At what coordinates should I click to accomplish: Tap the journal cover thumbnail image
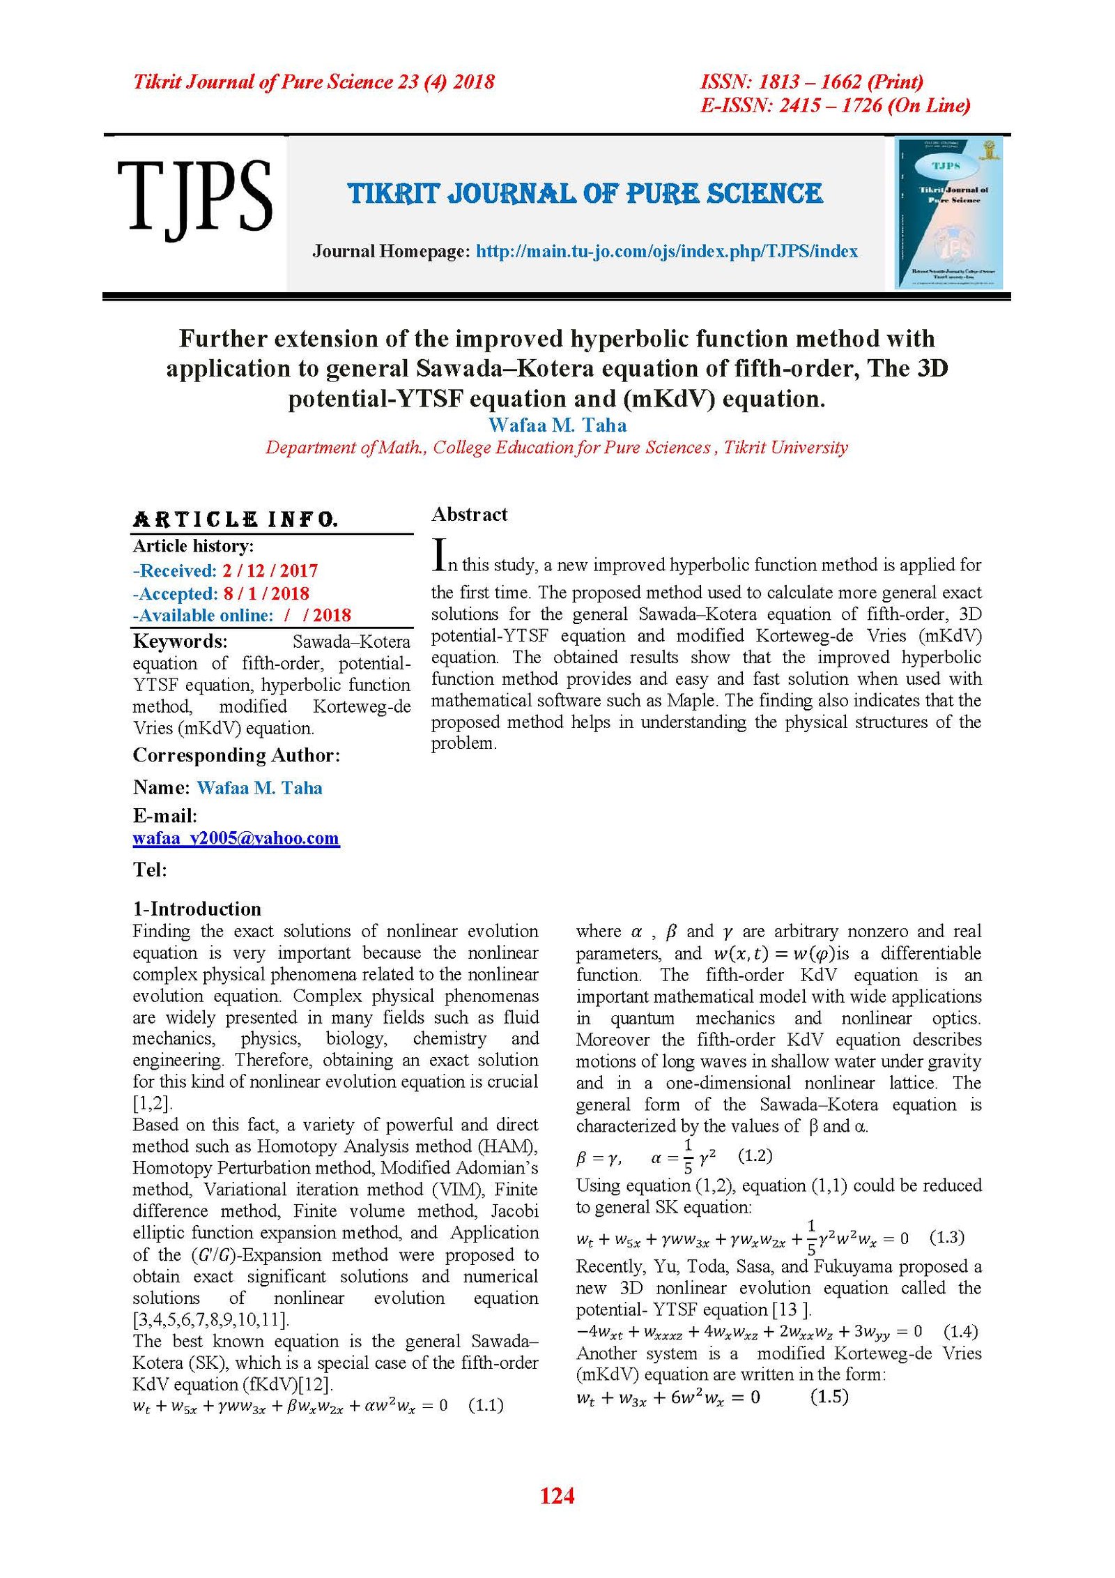pyautogui.click(x=948, y=213)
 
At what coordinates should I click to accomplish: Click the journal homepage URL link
pyautogui.click(x=666, y=251)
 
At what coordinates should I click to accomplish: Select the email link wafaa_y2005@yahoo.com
pyautogui.click(x=236, y=838)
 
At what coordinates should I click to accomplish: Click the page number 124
pyautogui.click(x=557, y=1496)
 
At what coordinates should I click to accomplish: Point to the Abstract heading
pyautogui.click(x=470, y=515)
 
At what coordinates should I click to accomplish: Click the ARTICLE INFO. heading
pyautogui.click(x=236, y=519)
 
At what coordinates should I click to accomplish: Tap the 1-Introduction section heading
pyautogui.click(x=197, y=909)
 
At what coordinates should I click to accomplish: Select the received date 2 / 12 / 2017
pyautogui.click(x=270, y=570)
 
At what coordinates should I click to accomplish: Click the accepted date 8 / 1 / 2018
pyautogui.click(x=266, y=593)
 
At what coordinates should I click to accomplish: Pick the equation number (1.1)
pyautogui.click(x=486, y=1404)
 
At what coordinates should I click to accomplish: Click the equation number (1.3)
pyautogui.click(x=947, y=1237)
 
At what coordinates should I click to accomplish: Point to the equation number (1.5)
pyautogui.click(x=829, y=1396)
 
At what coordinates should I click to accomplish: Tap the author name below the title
pyautogui.click(x=557, y=425)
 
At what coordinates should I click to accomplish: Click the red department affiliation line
pyautogui.click(x=557, y=448)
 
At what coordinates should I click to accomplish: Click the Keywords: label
pyautogui.click(x=180, y=641)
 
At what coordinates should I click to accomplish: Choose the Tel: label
pyautogui.click(x=150, y=870)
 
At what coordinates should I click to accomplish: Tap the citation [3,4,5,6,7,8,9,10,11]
pyautogui.click(x=211, y=1319)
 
